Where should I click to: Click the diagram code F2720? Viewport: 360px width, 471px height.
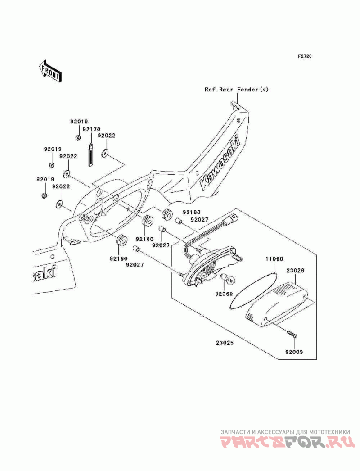(x=305, y=56)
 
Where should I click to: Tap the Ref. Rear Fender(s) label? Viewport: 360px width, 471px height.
(x=237, y=89)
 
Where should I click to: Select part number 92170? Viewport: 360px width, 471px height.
(x=92, y=129)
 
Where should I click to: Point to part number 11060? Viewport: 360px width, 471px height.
(x=274, y=258)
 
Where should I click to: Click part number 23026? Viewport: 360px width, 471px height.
(x=296, y=270)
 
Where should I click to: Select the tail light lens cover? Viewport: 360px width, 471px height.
(x=277, y=303)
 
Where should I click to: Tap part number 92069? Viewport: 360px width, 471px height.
(x=224, y=294)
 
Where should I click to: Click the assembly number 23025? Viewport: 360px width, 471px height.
(x=224, y=342)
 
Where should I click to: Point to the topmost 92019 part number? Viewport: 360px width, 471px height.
(x=79, y=122)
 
